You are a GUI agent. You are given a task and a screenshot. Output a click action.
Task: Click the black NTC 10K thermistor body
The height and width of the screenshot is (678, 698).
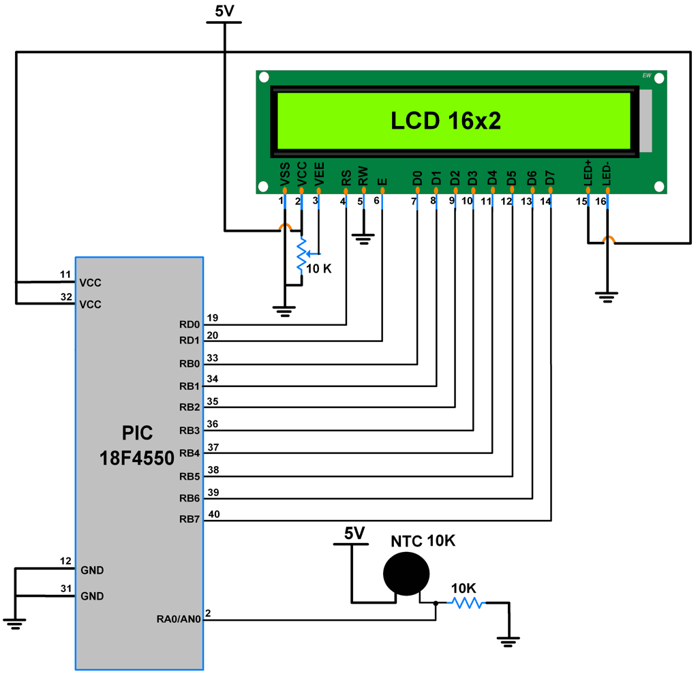[x=407, y=574]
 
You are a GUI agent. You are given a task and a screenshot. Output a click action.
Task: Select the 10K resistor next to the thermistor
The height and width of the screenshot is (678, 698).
[x=466, y=602]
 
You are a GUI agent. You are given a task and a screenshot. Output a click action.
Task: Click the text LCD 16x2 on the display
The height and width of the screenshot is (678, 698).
[x=445, y=121]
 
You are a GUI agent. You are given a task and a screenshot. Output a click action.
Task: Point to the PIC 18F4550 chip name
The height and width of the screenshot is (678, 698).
[x=137, y=445]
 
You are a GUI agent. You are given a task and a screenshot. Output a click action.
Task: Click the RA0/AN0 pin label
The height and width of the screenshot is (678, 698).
[x=178, y=619]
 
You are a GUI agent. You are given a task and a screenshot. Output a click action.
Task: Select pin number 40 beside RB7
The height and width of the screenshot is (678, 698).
[x=213, y=514]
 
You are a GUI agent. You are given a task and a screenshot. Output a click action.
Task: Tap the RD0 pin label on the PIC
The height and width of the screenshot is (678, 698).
[x=189, y=324]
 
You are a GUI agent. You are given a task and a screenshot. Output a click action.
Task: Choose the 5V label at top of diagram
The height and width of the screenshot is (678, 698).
[x=223, y=11]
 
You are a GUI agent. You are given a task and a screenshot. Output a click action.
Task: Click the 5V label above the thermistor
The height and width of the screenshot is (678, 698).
[x=354, y=533]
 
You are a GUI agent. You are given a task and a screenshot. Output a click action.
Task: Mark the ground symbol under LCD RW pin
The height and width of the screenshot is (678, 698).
[x=363, y=238]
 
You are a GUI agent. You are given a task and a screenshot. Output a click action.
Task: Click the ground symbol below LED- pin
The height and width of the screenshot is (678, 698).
[x=606, y=296]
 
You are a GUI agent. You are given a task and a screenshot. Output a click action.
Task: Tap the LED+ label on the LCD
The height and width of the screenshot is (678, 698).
[x=588, y=173]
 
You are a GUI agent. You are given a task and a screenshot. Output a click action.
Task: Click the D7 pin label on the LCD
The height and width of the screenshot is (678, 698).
[x=551, y=178]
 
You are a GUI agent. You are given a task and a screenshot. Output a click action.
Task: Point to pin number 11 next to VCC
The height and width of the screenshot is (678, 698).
[x=65, y=275]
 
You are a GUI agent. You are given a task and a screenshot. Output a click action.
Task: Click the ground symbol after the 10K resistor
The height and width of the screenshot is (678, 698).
[x=508, y=640]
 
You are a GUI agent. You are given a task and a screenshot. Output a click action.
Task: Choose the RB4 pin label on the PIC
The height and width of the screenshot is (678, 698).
[x=189, y=453]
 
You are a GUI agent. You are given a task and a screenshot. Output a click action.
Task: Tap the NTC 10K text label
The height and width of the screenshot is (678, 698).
[x=423, y=541]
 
